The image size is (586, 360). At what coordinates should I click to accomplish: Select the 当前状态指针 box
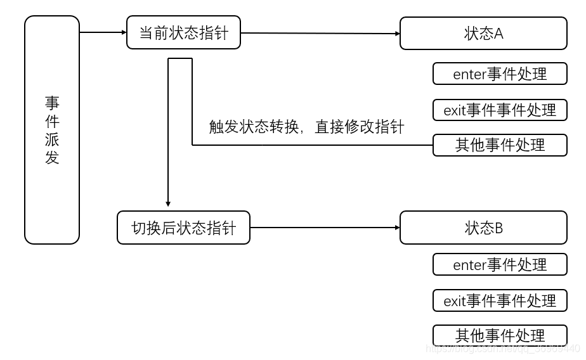pyautogui.click(x=183, y=33)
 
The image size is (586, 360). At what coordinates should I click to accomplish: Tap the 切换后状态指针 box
pyautogui.click(x=183, y=228)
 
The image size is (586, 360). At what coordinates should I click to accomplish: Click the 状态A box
pyautogui.click(x=483, y=33)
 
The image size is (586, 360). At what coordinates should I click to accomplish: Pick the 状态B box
pyautogui.click(x=483, y=228)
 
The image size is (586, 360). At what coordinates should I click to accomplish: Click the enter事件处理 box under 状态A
pyautogui.click(x=500, y=74)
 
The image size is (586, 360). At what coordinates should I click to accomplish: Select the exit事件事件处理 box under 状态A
pyautogui.click(x=500, y=110)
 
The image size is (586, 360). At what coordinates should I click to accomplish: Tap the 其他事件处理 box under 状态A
pyautogui.click(x=500, y=145)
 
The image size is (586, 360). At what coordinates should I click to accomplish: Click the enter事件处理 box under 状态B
pyautogui.click(x=500, y=264)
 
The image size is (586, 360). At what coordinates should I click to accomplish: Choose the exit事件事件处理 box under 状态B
pyautogui.click(x=500, y=300)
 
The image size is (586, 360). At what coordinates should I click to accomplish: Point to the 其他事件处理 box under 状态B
pyautogui.click(x=500, y=335)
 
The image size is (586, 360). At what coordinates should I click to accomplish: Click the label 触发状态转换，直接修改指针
pyautogui.click(x=306, y=127)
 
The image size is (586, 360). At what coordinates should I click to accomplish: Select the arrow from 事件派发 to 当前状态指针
pyautogui.click(x=103, y=32)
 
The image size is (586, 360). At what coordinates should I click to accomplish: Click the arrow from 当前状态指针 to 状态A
pyautogui.click(x=320, y=33)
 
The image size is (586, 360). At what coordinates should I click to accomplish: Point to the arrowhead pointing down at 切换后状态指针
pyautogui.click(x=168, y=203)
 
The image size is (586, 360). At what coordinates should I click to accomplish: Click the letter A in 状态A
pyautogui.click(x=498, y=34)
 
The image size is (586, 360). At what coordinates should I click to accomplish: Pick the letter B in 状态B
pyautogui.click(x=498, y=228)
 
